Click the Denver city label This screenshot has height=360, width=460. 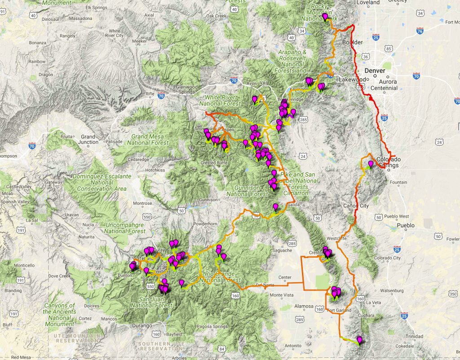coord(375,71)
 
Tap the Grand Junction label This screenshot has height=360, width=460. coord(88,139)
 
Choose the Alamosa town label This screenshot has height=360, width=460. coord(304,306)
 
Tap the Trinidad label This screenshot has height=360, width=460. coord(414,336)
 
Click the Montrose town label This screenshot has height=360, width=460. coord(142,203)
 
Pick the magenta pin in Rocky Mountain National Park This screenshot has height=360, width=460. coord(325,17)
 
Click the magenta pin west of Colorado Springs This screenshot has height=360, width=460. coord(371,164)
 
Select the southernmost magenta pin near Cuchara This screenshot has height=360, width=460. coord(359,339)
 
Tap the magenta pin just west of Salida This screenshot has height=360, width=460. coord(276,206)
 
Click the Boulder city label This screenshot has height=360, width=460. coord(352,43)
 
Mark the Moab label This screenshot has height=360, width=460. coord(8,193)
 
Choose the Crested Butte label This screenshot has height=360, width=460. coord(212,162)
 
